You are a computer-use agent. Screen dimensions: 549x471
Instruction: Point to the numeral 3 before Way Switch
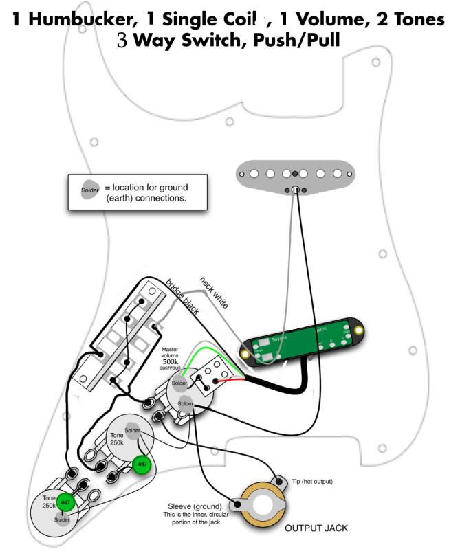(122, 41)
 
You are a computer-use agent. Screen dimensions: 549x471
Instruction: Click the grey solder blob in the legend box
(90, 190)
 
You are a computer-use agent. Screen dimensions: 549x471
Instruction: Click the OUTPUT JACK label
(316, 528)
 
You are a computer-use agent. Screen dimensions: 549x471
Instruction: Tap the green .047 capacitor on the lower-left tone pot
(65, 502)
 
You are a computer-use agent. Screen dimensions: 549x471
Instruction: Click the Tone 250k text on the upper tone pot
(117, 438)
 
